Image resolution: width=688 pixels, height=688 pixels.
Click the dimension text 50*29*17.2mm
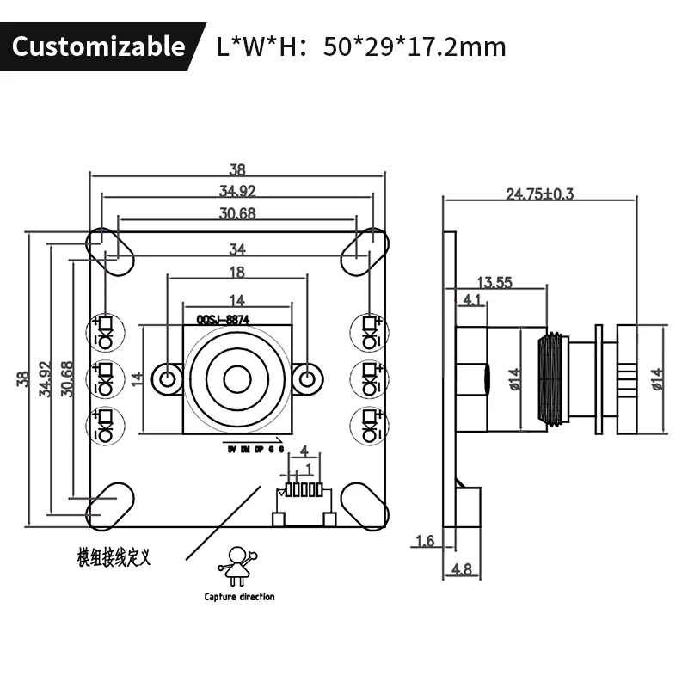click(x=415, y=46)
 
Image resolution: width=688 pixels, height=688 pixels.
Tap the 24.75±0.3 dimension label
click(x=539, y=194)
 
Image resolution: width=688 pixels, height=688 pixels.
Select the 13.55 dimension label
click(x=494, y=281)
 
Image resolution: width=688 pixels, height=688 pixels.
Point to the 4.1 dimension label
click(x=471, y=300)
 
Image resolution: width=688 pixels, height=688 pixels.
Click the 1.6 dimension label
click(x=424, y=541)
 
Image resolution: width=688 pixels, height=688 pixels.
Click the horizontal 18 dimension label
click(x=237, y=273)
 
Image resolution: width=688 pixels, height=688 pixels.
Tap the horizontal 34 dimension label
click(x=237, y=250)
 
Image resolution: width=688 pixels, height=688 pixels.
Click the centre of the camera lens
click(x=237, y=378)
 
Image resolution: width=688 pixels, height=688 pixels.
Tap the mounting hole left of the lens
click(x=168, y=378)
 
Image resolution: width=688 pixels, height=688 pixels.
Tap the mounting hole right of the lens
click(x=307, y=378)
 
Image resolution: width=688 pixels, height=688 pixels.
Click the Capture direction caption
click(x=239, y=597)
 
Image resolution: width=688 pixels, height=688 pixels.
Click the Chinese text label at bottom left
click(x=114, y=558)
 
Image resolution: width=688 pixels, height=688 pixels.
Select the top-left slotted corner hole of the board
click(x=109, y=251)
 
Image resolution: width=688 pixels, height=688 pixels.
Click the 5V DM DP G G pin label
click(x=255, y=448)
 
